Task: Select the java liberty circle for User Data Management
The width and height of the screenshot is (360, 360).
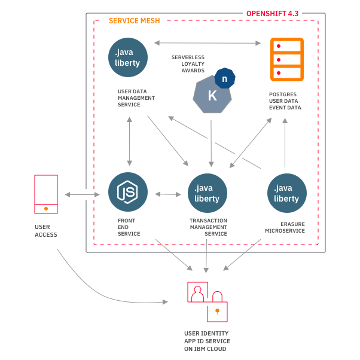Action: [129, 57]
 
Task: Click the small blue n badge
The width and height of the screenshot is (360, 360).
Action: [225, 78]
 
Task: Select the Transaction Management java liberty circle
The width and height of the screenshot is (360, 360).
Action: [208, 193]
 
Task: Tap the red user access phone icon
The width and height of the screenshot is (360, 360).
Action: [46, 194]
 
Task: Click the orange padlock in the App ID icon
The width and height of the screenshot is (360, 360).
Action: [217, 310]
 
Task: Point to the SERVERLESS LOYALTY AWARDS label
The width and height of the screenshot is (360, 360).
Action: [188, 64]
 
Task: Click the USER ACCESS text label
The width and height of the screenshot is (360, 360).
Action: [45, 231]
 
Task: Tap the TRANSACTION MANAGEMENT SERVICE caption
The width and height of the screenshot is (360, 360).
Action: [208, 227]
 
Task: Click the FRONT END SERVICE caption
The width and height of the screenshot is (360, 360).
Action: [129, 227]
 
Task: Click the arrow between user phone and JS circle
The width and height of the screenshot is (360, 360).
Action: [83, 194]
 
